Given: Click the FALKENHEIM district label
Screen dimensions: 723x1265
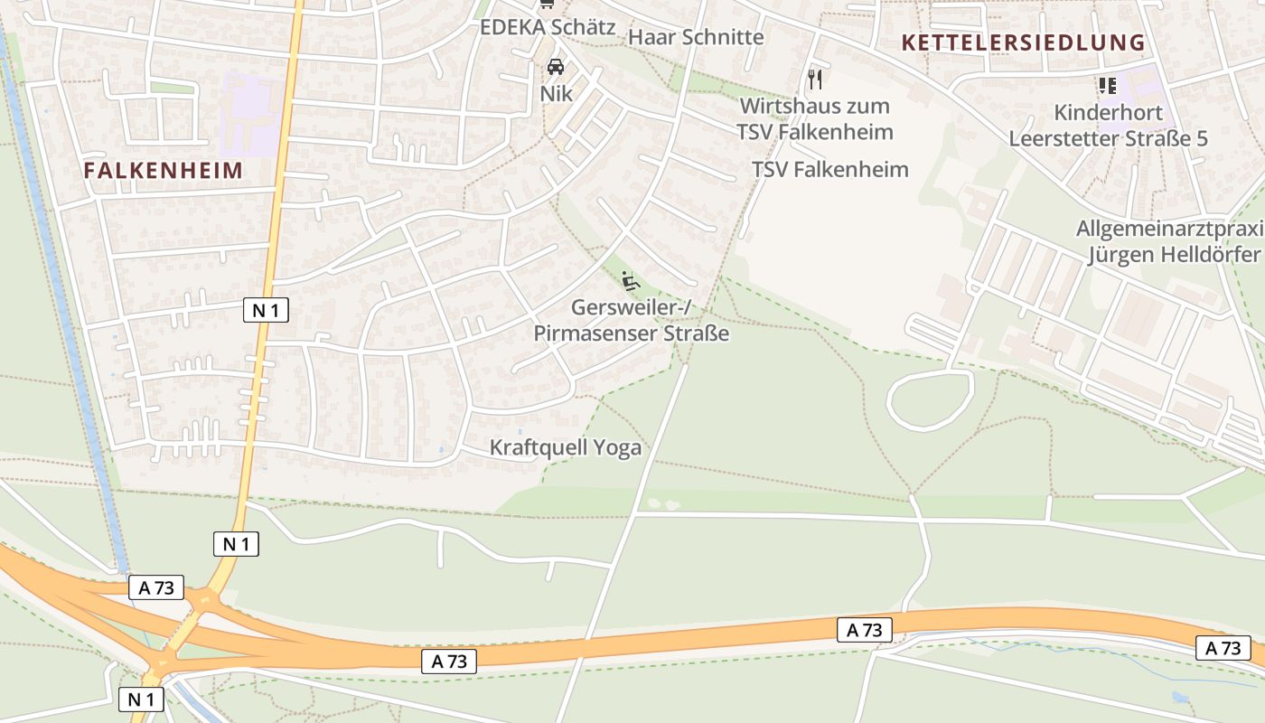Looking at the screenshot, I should click(x=164, y=170).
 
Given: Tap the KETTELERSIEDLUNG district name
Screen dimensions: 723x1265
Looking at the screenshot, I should click(x=1023, y=42).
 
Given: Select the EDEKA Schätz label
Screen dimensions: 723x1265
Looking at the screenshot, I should click(x=548, y=27).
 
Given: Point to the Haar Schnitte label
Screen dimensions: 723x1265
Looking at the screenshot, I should click(x=696, y=37).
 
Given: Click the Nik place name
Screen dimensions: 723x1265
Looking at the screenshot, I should click(x=557, y=93).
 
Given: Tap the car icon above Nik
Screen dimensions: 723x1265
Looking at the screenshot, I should click(x=556, y=67).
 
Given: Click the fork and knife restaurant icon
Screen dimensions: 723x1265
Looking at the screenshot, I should click(x=815, y=80).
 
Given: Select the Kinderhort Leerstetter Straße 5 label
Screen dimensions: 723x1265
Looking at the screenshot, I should click(x=1108, y=126).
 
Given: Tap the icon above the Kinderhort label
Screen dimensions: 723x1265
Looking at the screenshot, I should click(x=1107, y=86).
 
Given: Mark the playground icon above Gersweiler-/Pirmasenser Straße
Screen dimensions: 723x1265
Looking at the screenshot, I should click(x=631, y=281).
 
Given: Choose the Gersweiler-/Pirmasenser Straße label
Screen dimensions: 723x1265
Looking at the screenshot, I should click(x=631, y=321).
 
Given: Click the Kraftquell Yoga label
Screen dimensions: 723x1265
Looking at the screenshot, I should click(x=566, y=447).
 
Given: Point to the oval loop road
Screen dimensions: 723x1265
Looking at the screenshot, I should click(x=931, y=399).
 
